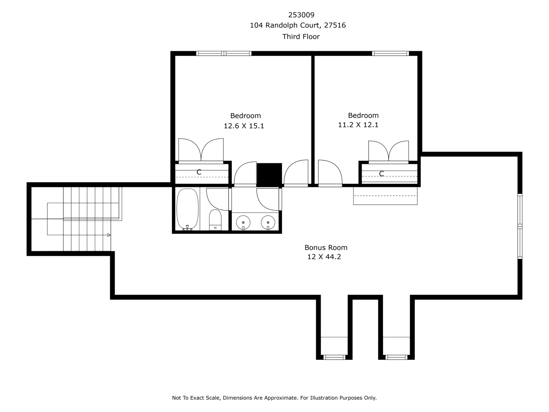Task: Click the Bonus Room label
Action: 326,248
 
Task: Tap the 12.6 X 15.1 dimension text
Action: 244,126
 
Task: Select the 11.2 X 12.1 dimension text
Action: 358,125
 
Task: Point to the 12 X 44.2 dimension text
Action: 324,257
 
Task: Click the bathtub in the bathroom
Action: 188,209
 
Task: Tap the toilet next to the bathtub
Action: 215,220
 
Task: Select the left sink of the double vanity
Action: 243,222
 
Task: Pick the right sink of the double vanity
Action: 268,222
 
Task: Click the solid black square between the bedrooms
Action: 269,175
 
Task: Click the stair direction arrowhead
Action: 109,235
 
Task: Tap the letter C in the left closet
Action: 199,172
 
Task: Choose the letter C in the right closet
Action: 382,174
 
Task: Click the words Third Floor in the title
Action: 301,37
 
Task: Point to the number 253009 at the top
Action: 301,15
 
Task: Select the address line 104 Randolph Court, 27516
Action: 298,25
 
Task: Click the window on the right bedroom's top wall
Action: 390,53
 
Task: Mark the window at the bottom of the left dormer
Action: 334,357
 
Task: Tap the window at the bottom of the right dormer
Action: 396,357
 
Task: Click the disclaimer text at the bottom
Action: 274,398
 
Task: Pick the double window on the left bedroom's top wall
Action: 224,53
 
